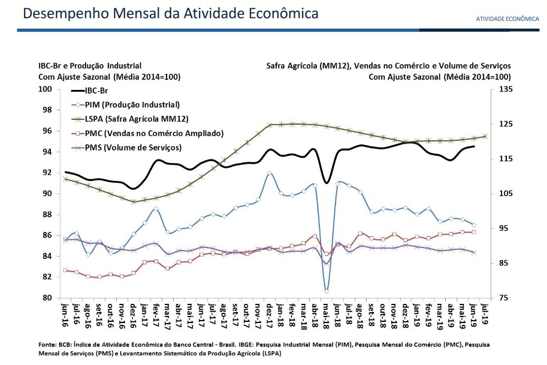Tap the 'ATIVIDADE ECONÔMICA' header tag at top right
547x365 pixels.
click(507, 19)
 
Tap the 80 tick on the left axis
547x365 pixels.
click(49, 298)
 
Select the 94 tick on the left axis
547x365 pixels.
click(49, 152)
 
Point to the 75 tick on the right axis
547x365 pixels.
click(502, 298)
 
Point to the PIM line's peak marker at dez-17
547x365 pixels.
click(270, 173)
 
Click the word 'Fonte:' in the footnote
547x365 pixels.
click(48, 344)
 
